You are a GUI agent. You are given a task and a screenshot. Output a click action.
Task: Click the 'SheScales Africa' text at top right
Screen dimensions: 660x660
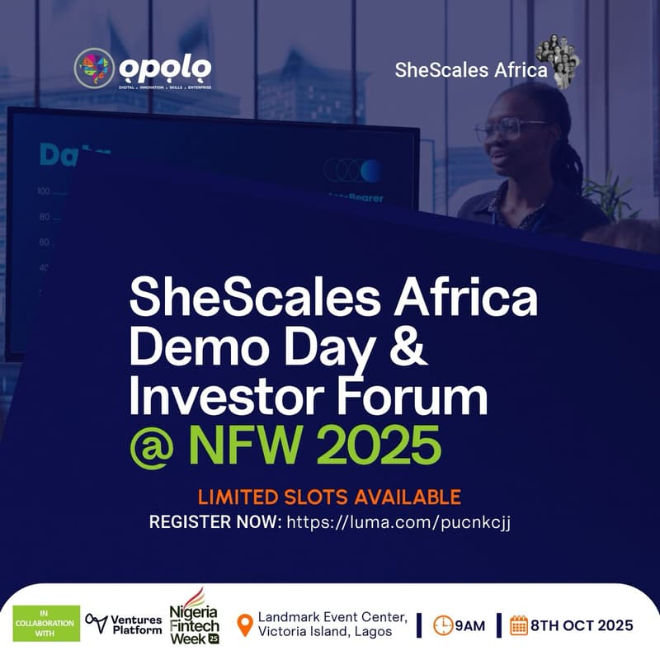(471, 70)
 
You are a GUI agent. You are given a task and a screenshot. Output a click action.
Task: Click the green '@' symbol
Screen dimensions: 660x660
(152, 446)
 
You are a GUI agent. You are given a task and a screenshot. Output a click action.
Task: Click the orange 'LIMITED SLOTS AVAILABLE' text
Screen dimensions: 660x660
(328, 497)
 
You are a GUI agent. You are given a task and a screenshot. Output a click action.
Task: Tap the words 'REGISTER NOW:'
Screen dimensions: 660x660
(215, 522)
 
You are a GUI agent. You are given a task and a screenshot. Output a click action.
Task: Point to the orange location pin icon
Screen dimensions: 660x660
(244, 625)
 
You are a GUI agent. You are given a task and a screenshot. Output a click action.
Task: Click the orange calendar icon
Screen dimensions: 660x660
(519, 625)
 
